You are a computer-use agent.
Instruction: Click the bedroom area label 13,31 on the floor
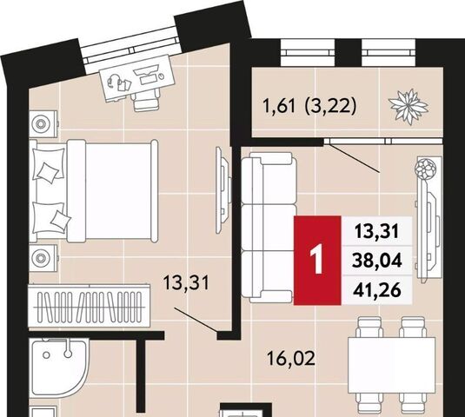(x=186, y=283)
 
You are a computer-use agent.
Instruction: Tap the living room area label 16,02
(x=290, y=358)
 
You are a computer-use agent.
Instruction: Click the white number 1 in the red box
(x=316, y=261)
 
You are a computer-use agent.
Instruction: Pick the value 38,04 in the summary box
(x=377, y=261)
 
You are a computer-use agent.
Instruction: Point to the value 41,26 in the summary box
(x=377, y=290)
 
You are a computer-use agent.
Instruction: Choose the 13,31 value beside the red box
(x=377, y=231)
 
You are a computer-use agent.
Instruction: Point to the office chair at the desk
(x=146, y=100)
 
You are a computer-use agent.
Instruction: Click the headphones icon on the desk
(x=113, y=80)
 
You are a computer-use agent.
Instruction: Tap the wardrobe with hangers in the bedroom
(x=90, y=306)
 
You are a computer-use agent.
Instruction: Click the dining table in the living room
(x=391, y=366)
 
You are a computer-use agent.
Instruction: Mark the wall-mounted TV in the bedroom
(x=223, y=190)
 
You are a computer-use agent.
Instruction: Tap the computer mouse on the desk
(x=162, y=76)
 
